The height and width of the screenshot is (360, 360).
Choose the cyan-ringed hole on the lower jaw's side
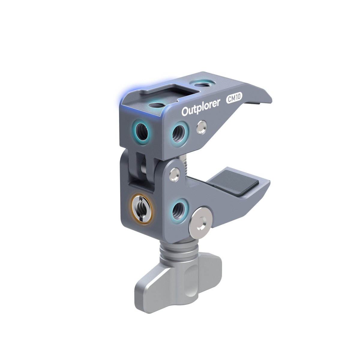point(179,208)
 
